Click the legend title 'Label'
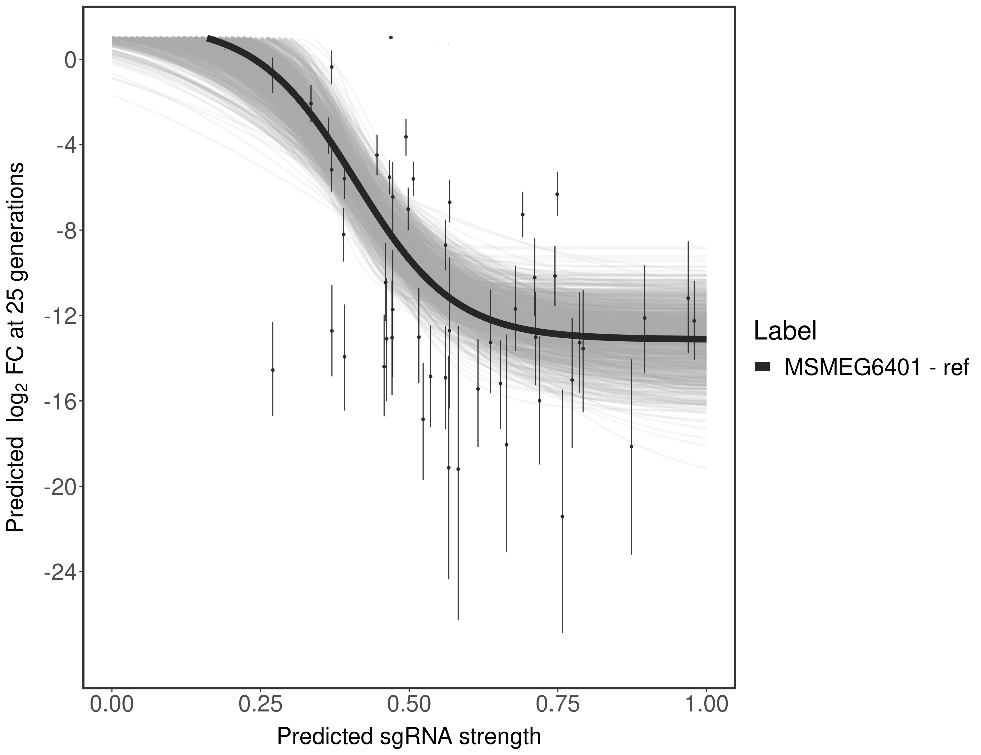tap(785, 331)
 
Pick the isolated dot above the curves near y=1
tap(391, 37)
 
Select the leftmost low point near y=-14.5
tap(273, 370)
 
